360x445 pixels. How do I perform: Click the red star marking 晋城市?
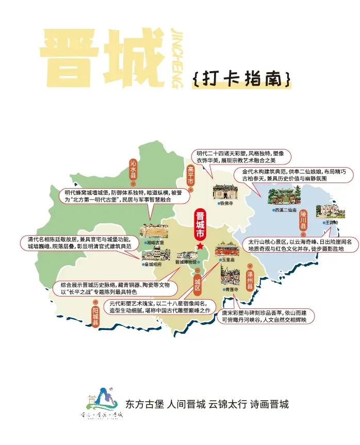pos(200,246)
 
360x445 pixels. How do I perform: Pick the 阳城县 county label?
pos(95,316)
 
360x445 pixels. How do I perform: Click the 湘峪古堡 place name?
pos(155,242)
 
